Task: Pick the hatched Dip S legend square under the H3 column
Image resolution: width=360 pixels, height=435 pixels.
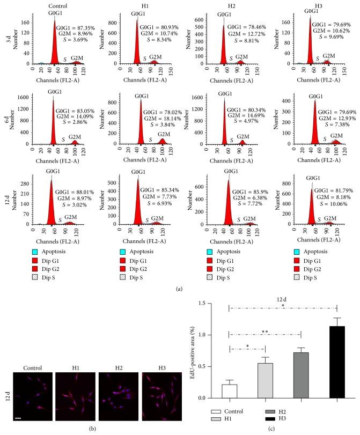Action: coord(299,263)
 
